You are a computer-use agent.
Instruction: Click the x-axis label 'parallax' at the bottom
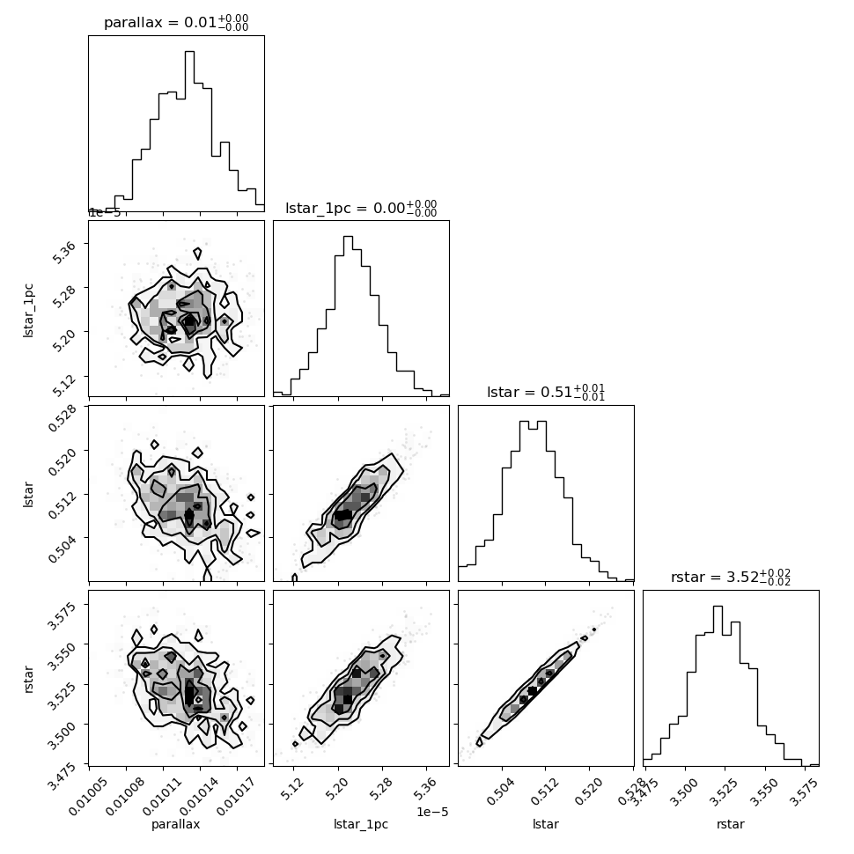click(176, 824)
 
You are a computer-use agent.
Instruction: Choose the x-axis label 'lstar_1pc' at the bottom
click(361, 824)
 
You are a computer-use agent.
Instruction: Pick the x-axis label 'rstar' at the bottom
click(731, 824)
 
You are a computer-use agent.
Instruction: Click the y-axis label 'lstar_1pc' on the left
click(28, 311)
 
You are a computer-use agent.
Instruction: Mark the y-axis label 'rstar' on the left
click(28, 679)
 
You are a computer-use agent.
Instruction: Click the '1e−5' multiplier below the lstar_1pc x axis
click(432, 813)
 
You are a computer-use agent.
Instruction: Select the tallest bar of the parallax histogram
click(189, 131)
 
